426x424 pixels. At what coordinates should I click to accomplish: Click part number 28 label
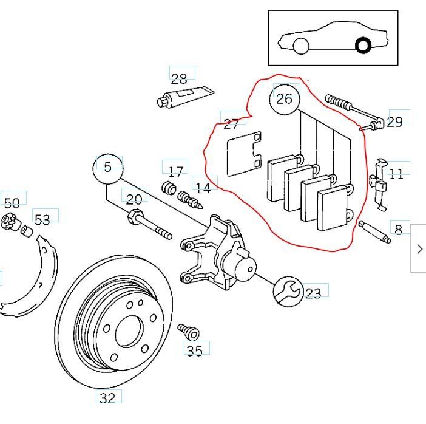point(179,78)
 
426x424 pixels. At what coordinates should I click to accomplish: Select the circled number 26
point(284,99)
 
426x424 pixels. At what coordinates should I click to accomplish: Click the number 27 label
point(231,125)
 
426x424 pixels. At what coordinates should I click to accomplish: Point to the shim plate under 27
point(243,154)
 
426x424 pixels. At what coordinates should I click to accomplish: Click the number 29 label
point(394,122)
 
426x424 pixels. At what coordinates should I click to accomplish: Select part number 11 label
point(396,174)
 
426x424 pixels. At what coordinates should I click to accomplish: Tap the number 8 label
point(398,230)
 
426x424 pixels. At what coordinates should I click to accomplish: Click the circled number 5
point(107,167)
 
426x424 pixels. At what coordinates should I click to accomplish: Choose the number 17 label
point(176,171)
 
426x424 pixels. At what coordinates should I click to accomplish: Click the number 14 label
point(203,188)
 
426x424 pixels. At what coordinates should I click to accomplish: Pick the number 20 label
point(134,199)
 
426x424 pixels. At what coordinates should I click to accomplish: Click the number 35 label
point(195,350)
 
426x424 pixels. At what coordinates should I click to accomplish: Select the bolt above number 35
point(189,332)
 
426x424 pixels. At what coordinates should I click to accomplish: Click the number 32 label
point(107,398)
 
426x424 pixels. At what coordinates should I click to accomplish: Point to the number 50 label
point(12,203)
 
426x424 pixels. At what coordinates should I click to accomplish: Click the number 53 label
point(42,219)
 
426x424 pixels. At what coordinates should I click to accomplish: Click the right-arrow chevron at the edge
point(419,248)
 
